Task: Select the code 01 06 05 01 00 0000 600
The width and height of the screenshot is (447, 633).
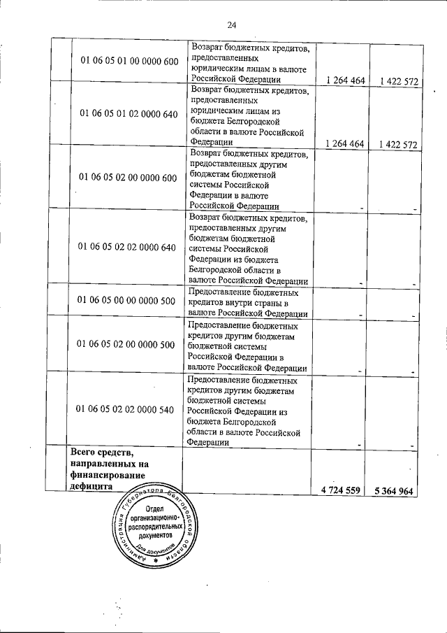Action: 129,62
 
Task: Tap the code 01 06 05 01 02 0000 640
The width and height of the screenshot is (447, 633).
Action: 129,113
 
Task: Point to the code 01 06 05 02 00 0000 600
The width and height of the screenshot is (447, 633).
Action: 129,177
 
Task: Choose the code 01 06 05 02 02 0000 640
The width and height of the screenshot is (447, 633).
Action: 129,247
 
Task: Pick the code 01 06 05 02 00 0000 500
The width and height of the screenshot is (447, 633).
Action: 129,345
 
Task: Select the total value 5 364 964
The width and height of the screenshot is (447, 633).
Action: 395,491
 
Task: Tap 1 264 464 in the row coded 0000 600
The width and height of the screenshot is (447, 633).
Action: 340,81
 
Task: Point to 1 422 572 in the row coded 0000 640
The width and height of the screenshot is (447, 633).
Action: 395,144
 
